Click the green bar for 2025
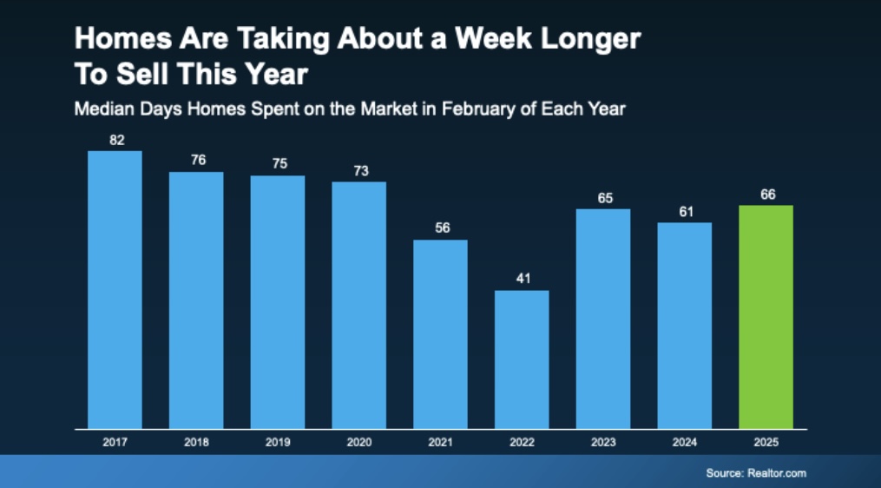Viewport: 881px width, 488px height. click(x=766, y=317)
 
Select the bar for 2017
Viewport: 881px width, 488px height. click(x=115, y=290)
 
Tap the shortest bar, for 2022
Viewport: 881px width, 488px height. click(x=522, y=359)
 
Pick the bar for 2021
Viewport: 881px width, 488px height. click(x=440, y=334)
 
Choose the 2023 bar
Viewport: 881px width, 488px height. click(x=603, y=319)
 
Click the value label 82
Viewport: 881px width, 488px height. click(x=115, y=139)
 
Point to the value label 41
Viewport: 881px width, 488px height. click(x=522, y=279)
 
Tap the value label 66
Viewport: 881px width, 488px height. click(x=767, y=195)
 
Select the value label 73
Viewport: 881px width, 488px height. click(x=360, y=170)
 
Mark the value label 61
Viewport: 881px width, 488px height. click(x=685, y=211)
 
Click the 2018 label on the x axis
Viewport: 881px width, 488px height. click(x=196, y=442)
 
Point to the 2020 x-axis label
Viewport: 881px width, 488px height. click(x=359, y=442)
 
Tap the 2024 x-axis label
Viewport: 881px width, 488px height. click(x=685, y=442)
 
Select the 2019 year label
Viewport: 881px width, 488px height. click(x=278, y=442)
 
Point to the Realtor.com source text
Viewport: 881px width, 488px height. click(x=777, y=473)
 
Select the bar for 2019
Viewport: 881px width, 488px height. click(x=278, y=302)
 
